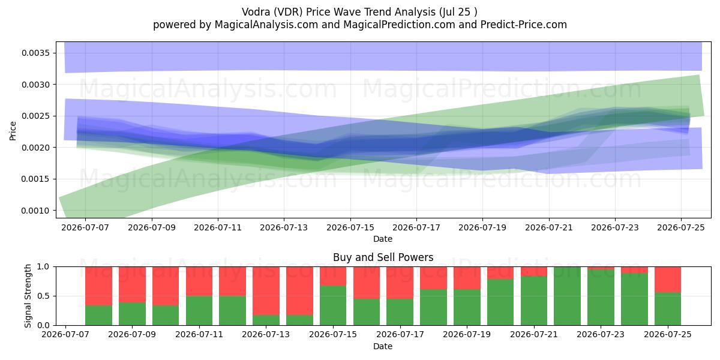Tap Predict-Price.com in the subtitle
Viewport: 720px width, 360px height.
click(x=524, y=25)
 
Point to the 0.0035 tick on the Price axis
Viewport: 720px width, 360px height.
click(x=35, y=53)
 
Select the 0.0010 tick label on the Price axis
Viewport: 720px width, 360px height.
click(x=35, y=211)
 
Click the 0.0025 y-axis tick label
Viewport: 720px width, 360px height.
click(x=35, y=116)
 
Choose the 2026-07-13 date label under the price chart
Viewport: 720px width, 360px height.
click(x=284, y=227)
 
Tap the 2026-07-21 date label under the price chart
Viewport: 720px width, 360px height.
click(x=549, y=227)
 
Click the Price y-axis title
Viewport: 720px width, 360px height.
click(x=13, y=131)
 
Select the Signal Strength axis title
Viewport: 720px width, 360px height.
click(x=28, y=296)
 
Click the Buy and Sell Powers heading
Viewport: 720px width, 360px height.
click(x=383, y=257)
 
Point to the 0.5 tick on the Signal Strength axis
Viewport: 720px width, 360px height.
click(x=43, y=296)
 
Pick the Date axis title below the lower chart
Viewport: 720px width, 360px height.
click(x=383, y=346)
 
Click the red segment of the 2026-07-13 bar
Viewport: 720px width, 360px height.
click(x=266, y=290)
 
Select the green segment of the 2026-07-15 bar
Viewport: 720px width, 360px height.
click(x=333, y=305)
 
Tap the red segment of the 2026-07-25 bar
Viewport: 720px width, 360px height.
click(x=668, y=280)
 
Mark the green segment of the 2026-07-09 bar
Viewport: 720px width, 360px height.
click(x=132, y=314)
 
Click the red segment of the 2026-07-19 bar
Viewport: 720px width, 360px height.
click(x=467, y=278)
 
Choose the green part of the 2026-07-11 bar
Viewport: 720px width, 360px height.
click(x=199, y=311)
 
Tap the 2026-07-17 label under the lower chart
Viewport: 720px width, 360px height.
click(x=400, y=334)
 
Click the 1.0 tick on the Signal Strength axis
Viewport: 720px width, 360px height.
click(x=43, y=266)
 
